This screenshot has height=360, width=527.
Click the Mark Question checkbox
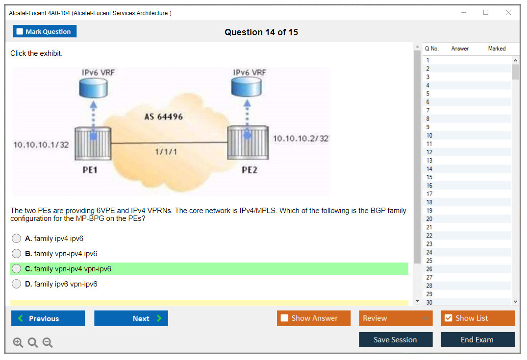click(20, 32)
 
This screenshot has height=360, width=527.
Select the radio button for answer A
click(17, 239)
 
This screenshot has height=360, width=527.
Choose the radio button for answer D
click(17, 284)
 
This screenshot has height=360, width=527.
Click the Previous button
click(48, 318)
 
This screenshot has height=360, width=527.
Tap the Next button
click(131, 318)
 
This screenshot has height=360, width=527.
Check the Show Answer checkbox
click(285, 318)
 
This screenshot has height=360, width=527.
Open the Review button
click(396, 318)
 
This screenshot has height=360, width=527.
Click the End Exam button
click(477, 339)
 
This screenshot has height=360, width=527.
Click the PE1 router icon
click(93, 143)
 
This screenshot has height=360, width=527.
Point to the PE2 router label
click(250, 170)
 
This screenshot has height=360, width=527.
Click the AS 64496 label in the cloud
click(163, 117)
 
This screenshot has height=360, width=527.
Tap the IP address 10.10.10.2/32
click(301, 139)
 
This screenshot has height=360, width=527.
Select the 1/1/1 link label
click(166, 152)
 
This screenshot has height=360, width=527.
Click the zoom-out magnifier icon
click(48, 342)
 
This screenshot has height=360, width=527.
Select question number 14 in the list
click(429, 169)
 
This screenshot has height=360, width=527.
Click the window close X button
click(508, 13)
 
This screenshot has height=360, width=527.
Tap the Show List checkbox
click(448, 318)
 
